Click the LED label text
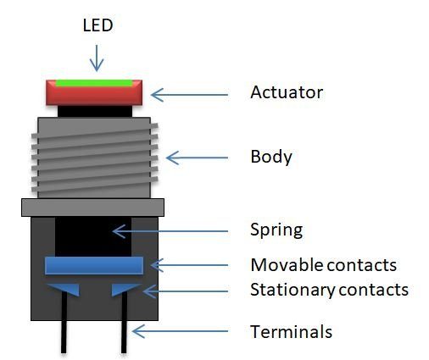click(x=97, y=26)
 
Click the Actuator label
click(x=287, y=91)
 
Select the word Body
click(x=271, y=157)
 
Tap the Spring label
click(x=276, y=230)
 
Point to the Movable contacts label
click(x=323, y=265)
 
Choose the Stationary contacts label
click(x=329, y=290)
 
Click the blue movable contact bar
click(x=93, y=265)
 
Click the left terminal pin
click(x=64, y=335)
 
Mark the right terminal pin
click(x=125, y=335)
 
